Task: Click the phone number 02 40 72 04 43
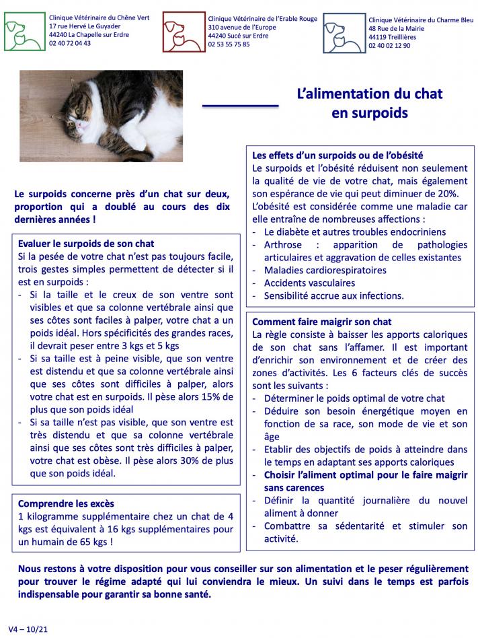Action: tap(71, 43)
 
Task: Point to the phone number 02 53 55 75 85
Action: tap(229, 44)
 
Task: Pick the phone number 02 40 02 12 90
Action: tap(389, 46)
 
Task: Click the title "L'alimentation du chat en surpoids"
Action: tap(369, 103)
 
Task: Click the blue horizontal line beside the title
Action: tap(240, 105)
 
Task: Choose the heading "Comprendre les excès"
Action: tap(66, 503)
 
